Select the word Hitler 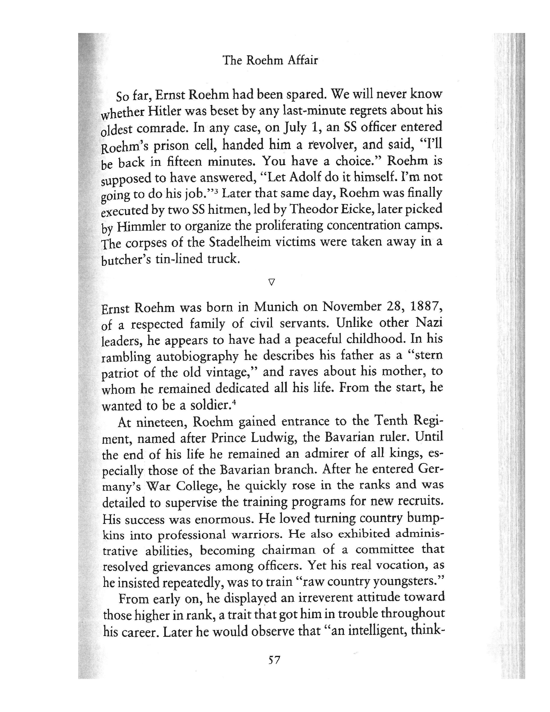click(x=164, y=112)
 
